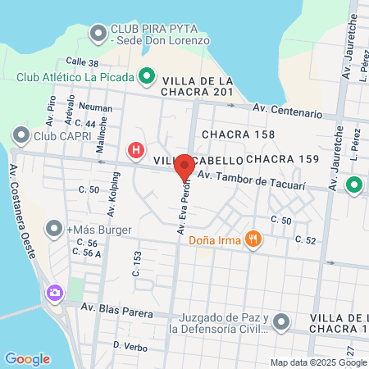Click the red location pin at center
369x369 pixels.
(185, 166)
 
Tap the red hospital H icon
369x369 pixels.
(136, 151)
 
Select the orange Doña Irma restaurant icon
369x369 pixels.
(255, 239)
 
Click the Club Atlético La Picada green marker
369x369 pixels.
(148, 78)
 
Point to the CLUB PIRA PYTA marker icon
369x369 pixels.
(98, 34)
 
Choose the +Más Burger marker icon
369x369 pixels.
(54, 228)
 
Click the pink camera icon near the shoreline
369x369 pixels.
(55, 292)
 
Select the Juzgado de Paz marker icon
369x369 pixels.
(281, 321)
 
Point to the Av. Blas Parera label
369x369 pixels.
(116, 308)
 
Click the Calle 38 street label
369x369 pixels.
(82, 62)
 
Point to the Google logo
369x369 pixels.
(28, 358)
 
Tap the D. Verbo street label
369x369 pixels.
(130, 347)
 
